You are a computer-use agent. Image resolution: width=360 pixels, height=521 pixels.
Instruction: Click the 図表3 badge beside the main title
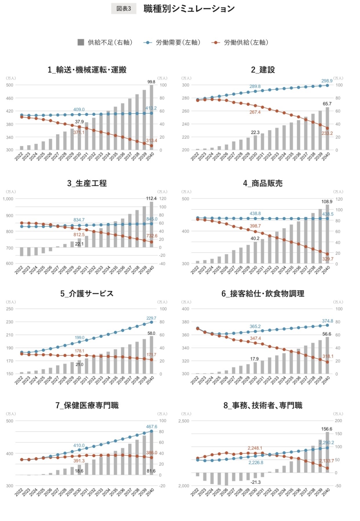click(x=124, y=9)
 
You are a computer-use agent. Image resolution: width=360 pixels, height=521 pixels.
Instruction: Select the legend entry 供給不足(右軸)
click(x=105, y=42)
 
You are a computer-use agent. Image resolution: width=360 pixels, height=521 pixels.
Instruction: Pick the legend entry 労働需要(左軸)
click(x=172, y=42)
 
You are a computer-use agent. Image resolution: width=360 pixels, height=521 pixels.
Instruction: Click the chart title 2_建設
click(x=263, y=70)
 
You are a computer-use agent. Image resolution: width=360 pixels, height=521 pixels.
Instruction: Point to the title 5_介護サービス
click(x=87, y=293)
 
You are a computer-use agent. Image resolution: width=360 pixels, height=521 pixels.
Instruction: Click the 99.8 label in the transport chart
click(x=151, y=82)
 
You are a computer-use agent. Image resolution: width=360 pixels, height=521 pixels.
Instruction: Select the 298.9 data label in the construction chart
click(x=327, y=81)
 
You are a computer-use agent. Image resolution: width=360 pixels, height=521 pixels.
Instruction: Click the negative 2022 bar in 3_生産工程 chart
click(x=21, y=251)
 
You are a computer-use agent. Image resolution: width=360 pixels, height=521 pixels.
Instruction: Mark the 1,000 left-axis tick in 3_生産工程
click(x=8, y=199)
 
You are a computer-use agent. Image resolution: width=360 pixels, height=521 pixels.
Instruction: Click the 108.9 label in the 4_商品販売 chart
click(x=327, y=202)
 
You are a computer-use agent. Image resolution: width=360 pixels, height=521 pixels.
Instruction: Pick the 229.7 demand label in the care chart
click(x=151, y=318)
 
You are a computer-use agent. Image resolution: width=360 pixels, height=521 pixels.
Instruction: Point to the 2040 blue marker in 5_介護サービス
click(x=151, y=322)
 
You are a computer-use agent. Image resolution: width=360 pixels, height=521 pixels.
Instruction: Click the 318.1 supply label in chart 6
click(x=328, y=356)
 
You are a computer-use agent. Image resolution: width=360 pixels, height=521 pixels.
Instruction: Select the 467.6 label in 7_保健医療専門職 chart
click(x=151, y=427)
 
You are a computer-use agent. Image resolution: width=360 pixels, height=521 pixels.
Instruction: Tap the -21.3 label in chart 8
click(x=255, y=482)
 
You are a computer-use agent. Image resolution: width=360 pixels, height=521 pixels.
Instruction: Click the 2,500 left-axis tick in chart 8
click(x=184, y=421)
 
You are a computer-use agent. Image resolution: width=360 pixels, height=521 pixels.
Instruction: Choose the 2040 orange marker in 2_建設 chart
click(x=327, y=128)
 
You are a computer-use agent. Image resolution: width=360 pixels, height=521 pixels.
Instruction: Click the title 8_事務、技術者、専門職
click(x=263, y=405)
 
